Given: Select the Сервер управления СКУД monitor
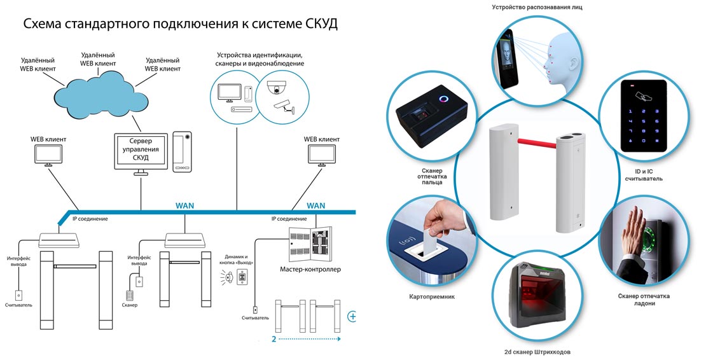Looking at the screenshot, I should (x=141, y=150).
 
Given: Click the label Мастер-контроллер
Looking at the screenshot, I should (x=310, y=269).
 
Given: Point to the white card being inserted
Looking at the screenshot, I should (x=432, y=230).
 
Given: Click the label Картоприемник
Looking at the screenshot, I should (x=431, y=296).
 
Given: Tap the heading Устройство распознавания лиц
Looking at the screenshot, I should (x=546, y=8).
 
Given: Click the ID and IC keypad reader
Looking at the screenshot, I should (x=643, y=115).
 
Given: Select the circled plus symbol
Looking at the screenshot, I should (x=352, y=316).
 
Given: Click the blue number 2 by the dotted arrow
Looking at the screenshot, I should (x=274, y=339).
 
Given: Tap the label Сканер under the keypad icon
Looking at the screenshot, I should (x=130, y=305).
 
